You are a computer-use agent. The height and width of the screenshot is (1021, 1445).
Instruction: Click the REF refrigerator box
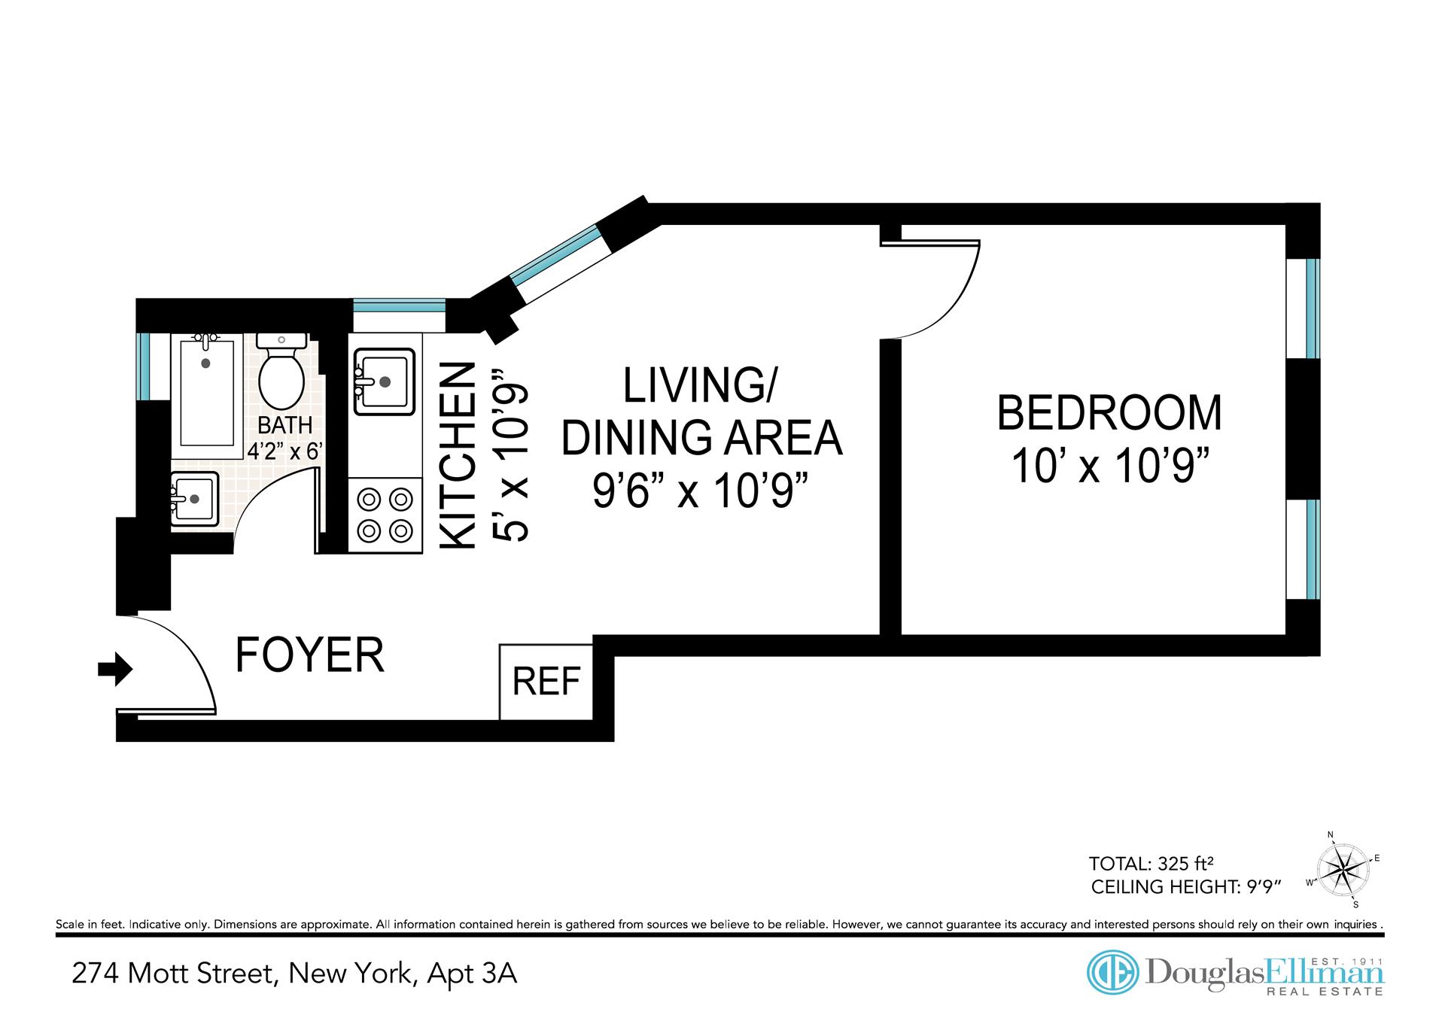point(546,682)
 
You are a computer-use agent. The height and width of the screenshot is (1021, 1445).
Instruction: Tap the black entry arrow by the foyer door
point(115,669)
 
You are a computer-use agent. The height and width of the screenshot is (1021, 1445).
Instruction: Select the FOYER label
point(310,655)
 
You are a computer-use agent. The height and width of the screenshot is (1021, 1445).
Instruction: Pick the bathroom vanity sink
point(194,498)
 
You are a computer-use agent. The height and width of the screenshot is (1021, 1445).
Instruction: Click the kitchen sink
point(385,381)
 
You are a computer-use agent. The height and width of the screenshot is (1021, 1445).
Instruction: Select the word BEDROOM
point(1109,413)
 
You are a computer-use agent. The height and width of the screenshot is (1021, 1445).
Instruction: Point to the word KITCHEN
point(458,456)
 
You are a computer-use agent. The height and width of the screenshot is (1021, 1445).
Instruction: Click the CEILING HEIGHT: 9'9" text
point(1185,887)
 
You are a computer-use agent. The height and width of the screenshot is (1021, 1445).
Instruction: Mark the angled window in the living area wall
point(558,252)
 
